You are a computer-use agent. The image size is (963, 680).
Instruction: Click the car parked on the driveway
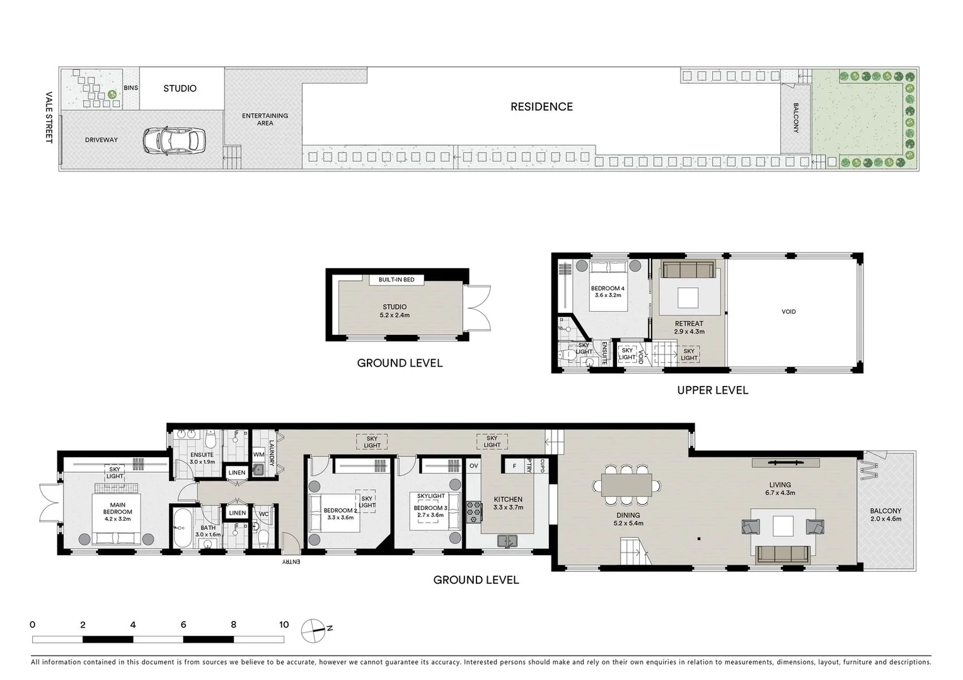tap(174, 140)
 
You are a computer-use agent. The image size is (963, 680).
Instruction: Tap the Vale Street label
tap(49, 118)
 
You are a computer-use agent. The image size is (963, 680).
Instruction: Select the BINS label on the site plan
tap(130, 88)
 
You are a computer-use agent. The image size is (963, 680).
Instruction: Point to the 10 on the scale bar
tap(284, 625)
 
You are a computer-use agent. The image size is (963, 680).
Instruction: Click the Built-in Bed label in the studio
tap(396, 280)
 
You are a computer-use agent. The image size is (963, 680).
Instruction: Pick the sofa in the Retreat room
tap(688, 270)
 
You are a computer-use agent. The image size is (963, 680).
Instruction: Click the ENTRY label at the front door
tap(291, 561)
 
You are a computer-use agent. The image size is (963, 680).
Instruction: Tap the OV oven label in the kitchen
tap(474, 466)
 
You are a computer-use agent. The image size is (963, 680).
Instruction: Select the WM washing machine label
tap(258, 454)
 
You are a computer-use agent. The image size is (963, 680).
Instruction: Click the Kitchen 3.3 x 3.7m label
tap(508, 503)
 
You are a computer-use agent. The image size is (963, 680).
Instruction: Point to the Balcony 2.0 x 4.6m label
tap(885, 515)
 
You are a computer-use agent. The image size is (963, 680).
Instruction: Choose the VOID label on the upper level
tap(788, 312)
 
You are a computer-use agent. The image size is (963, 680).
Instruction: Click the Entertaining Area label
tap(265, 119)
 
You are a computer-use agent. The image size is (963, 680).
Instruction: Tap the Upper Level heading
tap(712, 390)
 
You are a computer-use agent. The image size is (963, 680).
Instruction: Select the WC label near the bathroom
tap(263, 514)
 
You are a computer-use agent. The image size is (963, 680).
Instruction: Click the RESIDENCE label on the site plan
tap(541, 107)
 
